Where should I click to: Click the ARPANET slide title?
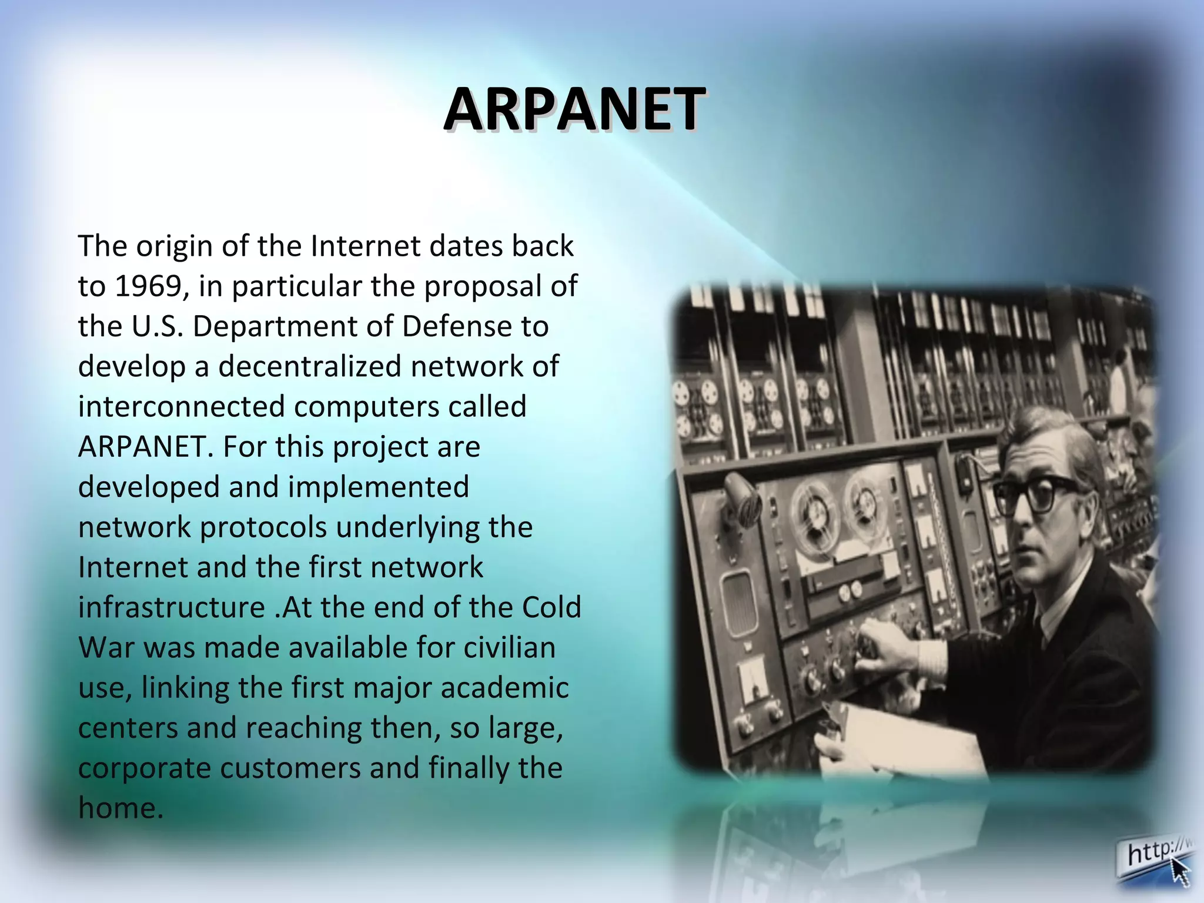[x=574, y=109]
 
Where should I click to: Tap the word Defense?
[x=457, y=327]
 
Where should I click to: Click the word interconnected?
[x=181, y=407]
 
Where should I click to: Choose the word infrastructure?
[x=171, y=608]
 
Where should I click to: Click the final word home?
[x=120, y=808]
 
